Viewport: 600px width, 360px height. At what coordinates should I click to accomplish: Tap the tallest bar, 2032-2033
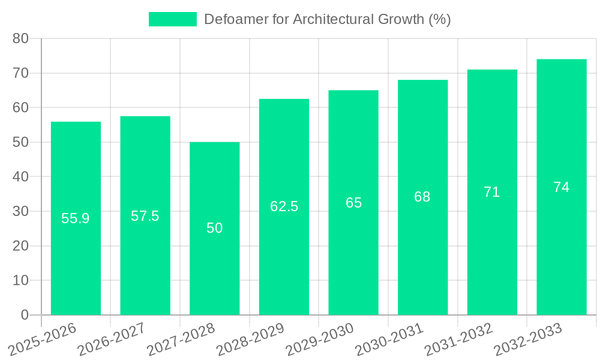pos(562,240)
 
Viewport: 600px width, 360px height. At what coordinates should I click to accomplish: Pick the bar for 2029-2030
pos(353,252)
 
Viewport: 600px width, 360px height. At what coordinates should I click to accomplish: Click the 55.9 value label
pos(76,218)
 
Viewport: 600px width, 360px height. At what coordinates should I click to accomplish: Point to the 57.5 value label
pos(145,216)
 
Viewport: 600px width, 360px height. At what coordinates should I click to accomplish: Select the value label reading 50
pos(215,228)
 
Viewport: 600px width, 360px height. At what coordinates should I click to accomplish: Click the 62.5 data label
pos(284,206)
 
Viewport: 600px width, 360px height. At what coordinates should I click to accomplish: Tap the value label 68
pos(422,197)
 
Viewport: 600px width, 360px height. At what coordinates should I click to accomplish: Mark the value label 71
pos(492,192)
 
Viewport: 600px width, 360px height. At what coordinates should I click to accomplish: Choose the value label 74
pos(562,187)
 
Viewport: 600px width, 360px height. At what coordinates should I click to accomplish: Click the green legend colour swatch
pos(173,19)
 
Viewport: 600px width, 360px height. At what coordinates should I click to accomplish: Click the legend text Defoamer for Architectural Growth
pos(327,19)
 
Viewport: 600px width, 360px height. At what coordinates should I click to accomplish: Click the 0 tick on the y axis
pos(25,315)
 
